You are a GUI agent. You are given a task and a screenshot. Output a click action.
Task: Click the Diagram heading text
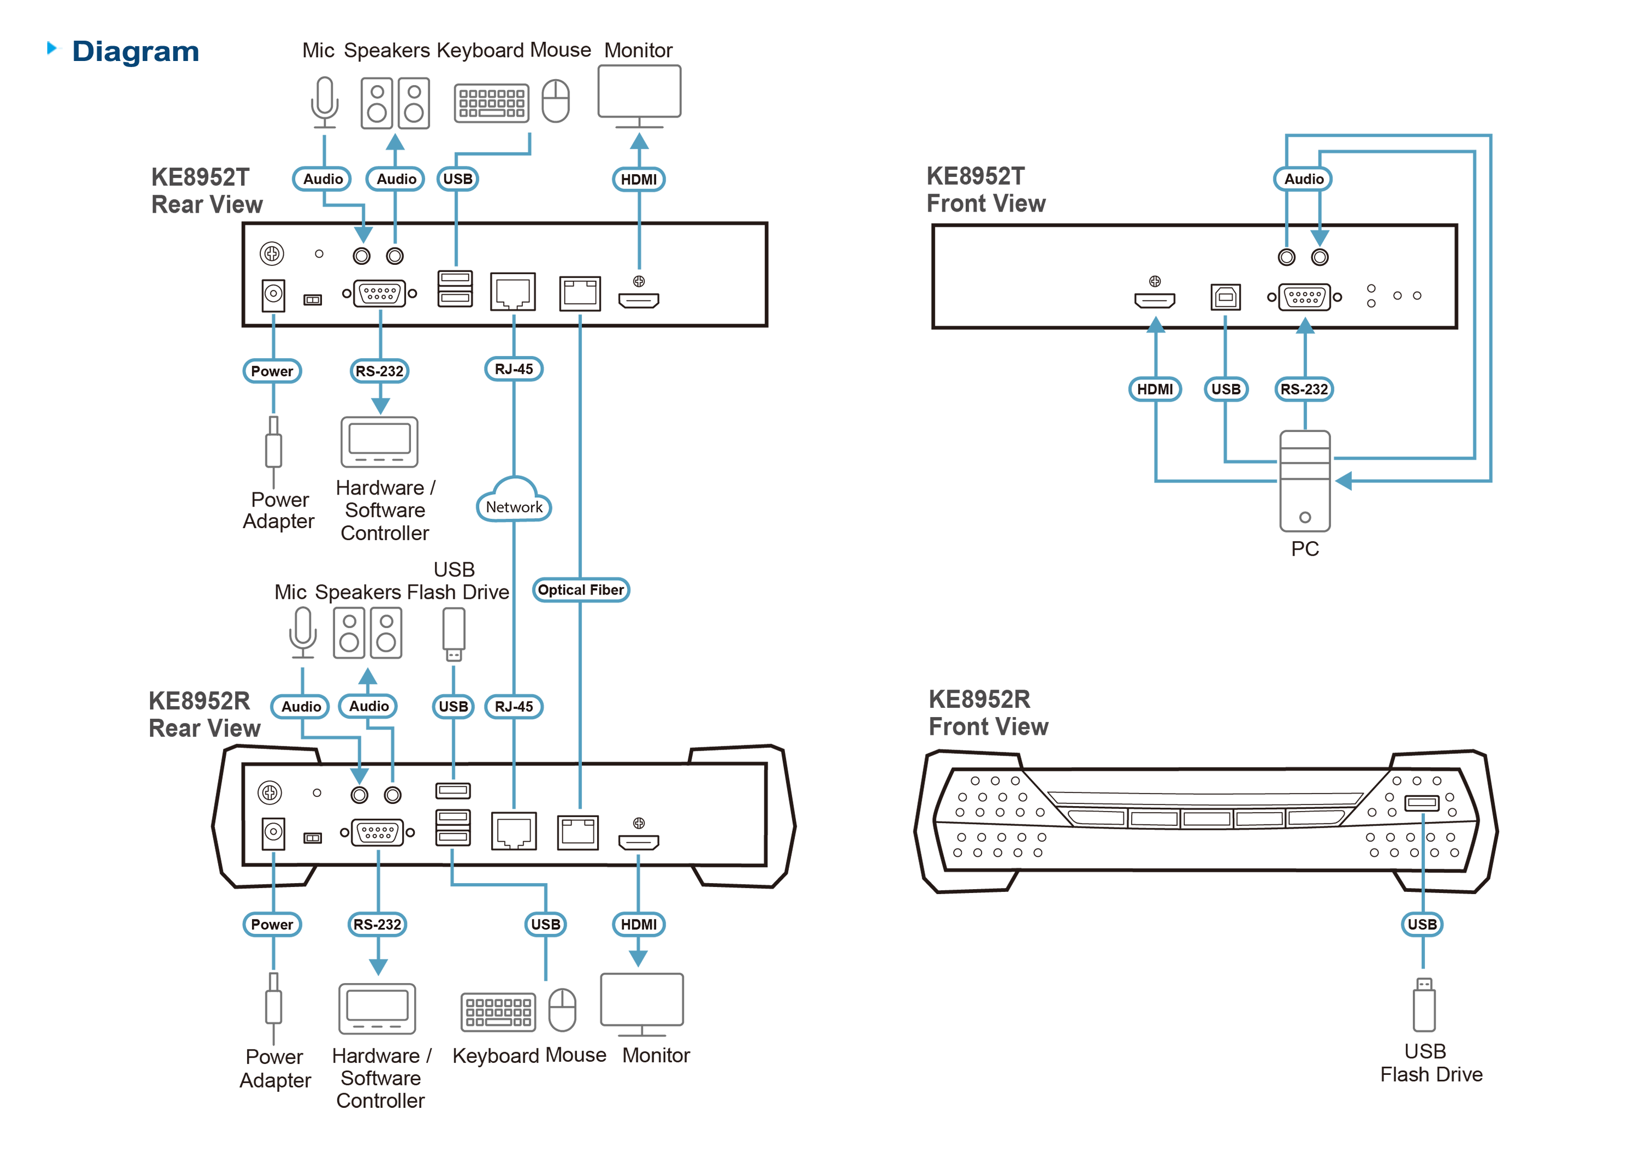pos(135,52)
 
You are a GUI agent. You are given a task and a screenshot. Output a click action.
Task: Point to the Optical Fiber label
pos(581,590)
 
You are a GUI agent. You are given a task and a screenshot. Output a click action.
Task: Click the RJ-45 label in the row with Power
pos(514,369)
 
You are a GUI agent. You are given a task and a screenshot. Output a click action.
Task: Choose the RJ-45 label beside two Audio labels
pos(514,707)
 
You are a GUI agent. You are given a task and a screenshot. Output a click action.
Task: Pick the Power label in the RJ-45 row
pos(272,371)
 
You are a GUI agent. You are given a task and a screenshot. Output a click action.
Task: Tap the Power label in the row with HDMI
pos(272,924)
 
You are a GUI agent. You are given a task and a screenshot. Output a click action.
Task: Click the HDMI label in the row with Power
pos(638,924)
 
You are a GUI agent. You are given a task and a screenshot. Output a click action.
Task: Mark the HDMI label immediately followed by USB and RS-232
pos(1155,389)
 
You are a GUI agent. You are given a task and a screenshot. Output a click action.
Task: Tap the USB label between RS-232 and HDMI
pos(545,924)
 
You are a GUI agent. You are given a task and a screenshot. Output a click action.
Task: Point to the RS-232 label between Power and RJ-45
pos(380,371)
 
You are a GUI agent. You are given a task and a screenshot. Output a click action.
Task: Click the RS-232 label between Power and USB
pos(377,924)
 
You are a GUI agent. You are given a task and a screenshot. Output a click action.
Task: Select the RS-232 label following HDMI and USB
pos(1304,389)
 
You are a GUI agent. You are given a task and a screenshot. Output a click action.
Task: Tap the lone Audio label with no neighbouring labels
pos(1304,179)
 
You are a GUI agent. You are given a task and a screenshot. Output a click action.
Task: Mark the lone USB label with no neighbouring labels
pos(1422,924)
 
